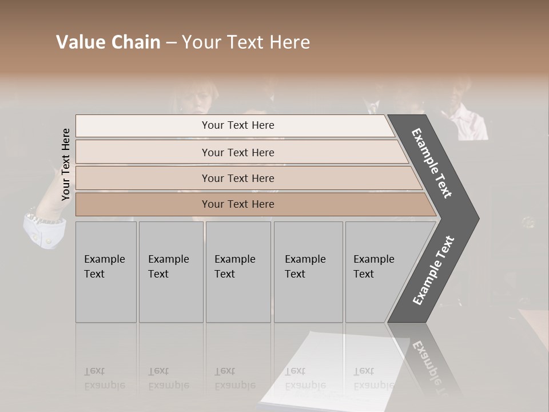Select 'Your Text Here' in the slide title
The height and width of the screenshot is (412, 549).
[x=246, y=42]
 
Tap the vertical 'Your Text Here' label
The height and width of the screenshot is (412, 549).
[x=66, y=164]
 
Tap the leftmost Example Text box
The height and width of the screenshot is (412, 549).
[x=106, y=271]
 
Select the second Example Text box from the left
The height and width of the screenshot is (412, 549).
[x=171, y=271]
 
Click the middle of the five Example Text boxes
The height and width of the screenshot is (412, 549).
[x=238, y=271]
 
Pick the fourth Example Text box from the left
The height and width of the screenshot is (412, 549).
[x=308, y=271]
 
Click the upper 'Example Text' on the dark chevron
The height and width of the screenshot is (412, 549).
[x=432, y=163]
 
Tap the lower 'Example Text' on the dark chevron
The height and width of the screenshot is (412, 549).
[x=433, y=270]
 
